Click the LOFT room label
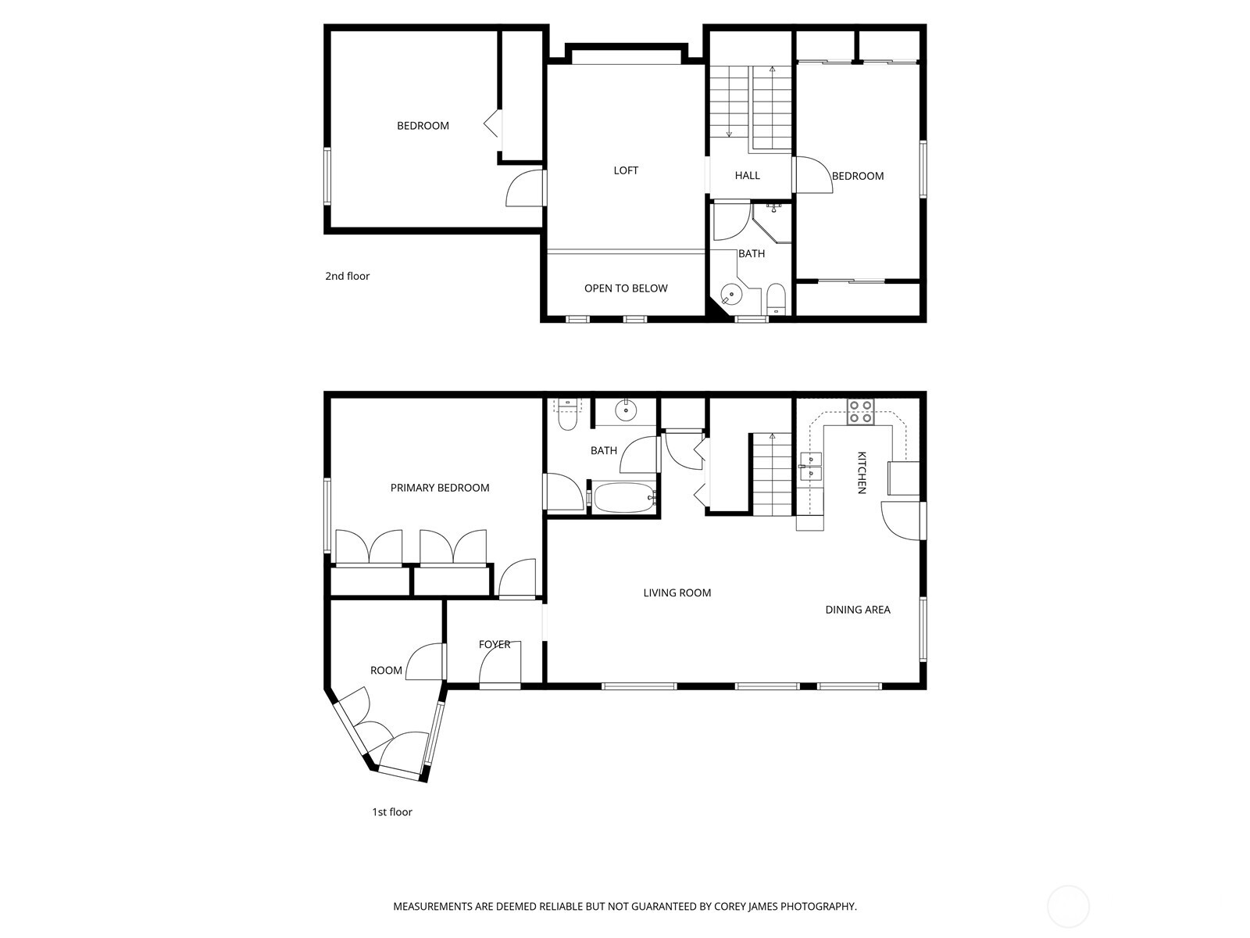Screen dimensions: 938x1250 pos(626,170)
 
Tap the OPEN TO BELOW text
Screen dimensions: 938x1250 pos(626,288)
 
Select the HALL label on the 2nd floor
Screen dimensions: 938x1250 pos(747,176)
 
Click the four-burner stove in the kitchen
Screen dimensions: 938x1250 pos(861,412)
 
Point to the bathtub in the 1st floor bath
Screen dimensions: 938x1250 pos(623,498)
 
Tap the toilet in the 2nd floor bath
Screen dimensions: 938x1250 pos(776,299)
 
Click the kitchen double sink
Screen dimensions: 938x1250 pos(810,467)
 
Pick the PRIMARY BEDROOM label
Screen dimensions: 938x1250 pos(440,488)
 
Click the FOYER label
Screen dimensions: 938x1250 pos(495,645)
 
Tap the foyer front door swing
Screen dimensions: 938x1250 pos(498,666)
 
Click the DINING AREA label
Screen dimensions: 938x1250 pos(858,610)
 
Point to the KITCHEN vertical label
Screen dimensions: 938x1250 pos(862,472)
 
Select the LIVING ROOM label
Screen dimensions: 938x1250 pos(677,593)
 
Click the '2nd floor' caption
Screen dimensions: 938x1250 pos(348,276)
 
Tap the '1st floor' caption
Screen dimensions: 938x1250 pos(391,812)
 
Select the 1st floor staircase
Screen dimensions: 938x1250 pos(772,475)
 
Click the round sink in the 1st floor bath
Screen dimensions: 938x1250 pos(627,410)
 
